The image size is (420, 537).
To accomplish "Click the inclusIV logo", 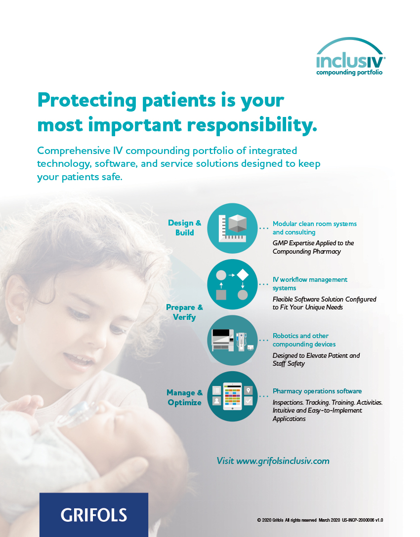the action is coord(350,57).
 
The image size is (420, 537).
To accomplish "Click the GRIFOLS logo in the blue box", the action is coord(93,515).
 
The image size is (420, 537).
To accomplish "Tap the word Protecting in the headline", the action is coord(87,101).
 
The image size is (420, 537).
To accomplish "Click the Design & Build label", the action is coord(184,228).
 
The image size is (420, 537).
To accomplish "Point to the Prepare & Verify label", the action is coord(184,312).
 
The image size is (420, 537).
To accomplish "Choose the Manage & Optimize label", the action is coord(184,397).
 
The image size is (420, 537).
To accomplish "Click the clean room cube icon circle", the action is coord(232,228).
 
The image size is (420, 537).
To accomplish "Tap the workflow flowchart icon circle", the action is coord(232,284).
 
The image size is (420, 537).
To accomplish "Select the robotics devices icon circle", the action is coord(232,340).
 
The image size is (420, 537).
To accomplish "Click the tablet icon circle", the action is coord(232,396).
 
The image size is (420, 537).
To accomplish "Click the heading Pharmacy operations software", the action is coord(317,391).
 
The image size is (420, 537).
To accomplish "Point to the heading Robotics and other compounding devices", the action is coord(304,340).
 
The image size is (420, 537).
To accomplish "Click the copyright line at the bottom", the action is coord(320,520).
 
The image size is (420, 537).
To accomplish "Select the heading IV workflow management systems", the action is coord(310,284).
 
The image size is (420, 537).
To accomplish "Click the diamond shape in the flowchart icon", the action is coord(243,274).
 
